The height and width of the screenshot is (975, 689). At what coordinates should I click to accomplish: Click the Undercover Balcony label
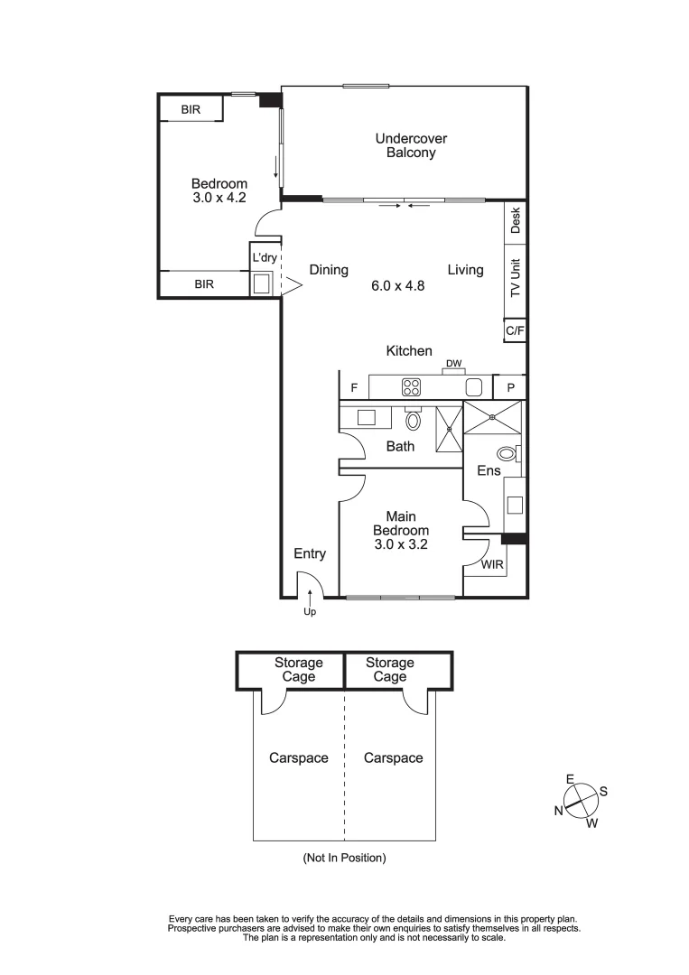(x=411, y=145)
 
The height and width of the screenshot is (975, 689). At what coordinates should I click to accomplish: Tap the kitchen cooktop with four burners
(x=412, y=387)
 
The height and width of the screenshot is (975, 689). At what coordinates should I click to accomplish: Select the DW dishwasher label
(x=453, y=364)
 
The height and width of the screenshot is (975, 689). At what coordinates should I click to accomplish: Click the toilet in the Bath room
(x=414, y=420)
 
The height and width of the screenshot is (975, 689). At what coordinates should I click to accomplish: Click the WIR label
(x=492, y=564)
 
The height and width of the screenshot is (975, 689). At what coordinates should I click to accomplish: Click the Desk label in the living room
(x=516, y=220)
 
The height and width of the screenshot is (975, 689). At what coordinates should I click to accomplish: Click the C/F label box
(x=515, y=331)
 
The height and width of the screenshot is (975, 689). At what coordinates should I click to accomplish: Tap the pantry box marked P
(x=510, y=387)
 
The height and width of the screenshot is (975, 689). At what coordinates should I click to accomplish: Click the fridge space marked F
(x=354, y=388)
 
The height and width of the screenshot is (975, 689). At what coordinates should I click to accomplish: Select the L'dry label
(x=264, y=257)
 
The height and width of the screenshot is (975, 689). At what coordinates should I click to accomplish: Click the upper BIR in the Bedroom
(x=191, y=109)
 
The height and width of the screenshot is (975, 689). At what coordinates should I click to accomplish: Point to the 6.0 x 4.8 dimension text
(x=397, y=285)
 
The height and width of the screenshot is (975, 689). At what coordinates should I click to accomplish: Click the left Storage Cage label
(x=298, y=670)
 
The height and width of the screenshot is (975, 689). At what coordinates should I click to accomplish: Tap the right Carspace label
(x=393, y=758)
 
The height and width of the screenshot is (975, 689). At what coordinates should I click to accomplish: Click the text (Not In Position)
(x=344, y=858)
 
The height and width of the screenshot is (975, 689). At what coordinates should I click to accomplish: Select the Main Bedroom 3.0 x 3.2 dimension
(x=400, y=545)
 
